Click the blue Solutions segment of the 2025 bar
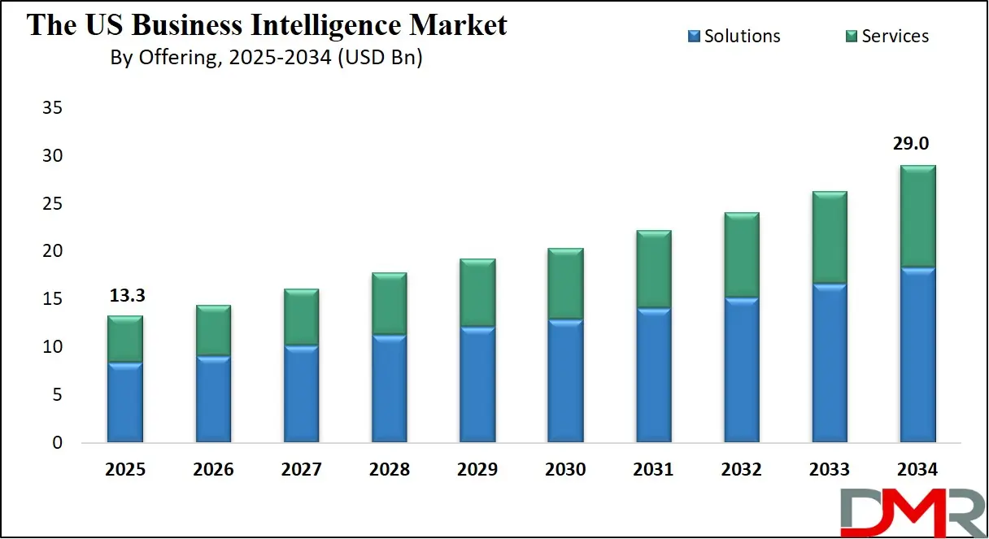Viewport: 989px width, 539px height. [x=125, y=402]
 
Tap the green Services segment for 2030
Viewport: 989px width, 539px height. [x=565, y=284]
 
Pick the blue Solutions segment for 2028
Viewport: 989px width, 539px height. [x=389, y=389]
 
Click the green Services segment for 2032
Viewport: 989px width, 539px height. [x=741, y=255]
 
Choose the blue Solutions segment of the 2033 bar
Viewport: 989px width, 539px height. [x=829, y=363]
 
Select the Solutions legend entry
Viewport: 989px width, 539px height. [x=734, y=36]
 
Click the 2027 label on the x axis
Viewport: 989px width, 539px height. [x=302, y=470]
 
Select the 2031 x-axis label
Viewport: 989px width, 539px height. [x=653, y=470]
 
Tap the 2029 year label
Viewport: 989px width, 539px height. [x=477, y=470]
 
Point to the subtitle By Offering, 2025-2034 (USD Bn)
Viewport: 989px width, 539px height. [x=266, y=59]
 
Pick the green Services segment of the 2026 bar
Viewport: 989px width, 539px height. [x=213, y=330]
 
